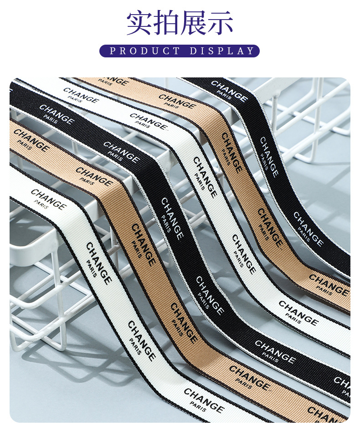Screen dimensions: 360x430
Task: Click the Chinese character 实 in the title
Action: click(139, 23)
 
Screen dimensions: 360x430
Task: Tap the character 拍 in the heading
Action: click(166, 23)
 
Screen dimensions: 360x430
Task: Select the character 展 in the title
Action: click(193, 23)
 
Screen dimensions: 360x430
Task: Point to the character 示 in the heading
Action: click(220, 23)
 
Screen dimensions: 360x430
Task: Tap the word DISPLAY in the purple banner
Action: click(222, 51)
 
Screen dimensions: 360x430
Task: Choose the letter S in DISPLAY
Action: click(212, 51)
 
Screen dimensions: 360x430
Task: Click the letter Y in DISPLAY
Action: click(251, 51)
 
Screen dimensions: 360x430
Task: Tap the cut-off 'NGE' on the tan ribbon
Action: click(119, 82)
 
